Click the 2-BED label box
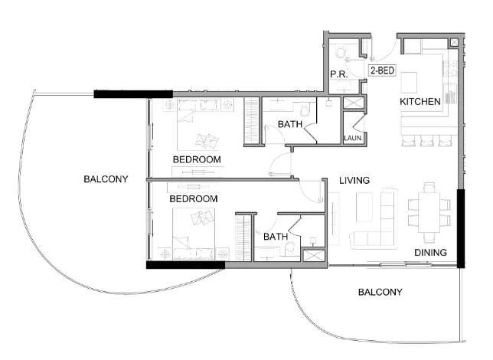coord(382,70)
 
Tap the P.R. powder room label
coord(339,74)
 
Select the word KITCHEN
coord(420,101)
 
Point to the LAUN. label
coord(352,138)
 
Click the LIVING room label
coord(355,181)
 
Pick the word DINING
coord(431,253)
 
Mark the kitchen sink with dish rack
coord(450,96)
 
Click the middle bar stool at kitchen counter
coord(426,140)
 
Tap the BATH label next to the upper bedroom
coord(290,124)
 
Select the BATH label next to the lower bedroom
coord(276,237)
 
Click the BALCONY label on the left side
coord(106,179)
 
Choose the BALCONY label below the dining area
coord(380,293)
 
